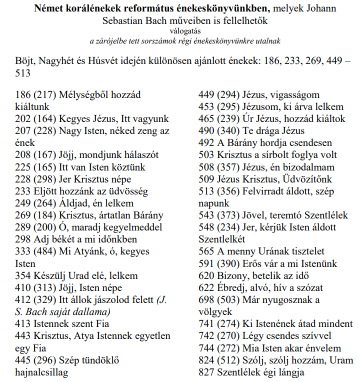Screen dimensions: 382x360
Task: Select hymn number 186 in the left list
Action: click(23, 94)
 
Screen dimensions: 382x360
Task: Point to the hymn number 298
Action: click(23, 239)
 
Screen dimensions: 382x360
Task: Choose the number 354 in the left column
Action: click(23, 275)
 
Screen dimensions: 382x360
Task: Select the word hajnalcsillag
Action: click(41, 372)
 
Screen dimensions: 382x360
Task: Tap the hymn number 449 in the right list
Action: click(207, 94)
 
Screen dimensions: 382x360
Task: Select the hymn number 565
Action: click(207, 251)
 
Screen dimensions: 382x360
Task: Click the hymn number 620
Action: click(207, 275)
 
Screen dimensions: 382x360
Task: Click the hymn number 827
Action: click(207, 372)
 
